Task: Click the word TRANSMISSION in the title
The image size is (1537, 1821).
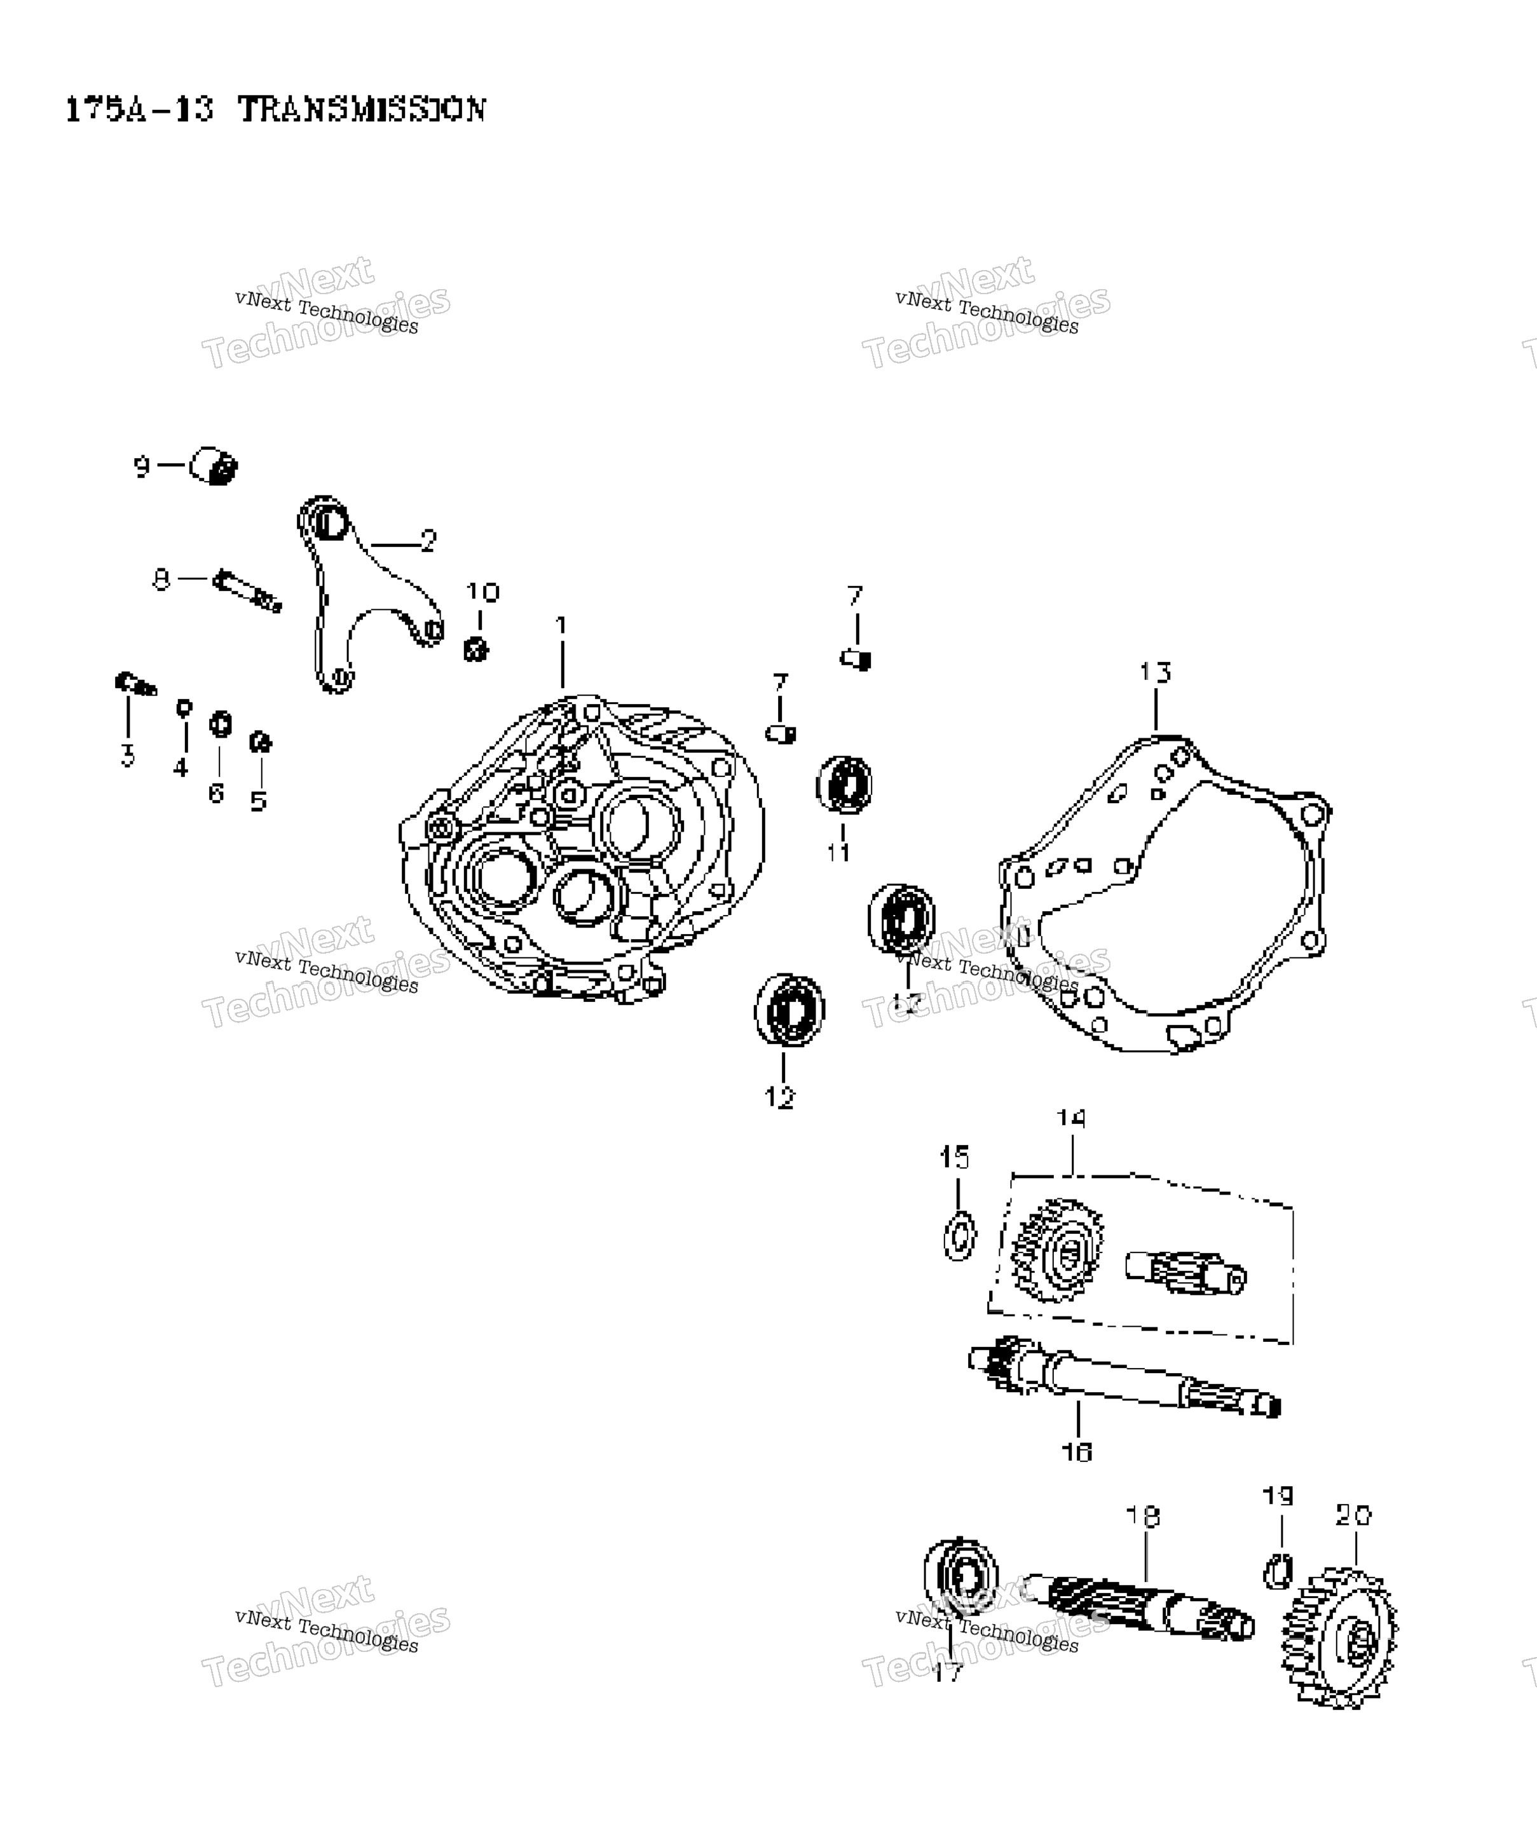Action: click(x=362, y=110)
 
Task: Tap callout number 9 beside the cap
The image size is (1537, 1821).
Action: click(x=141, y=467)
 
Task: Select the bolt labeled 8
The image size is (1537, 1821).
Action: click(x=247, y=590)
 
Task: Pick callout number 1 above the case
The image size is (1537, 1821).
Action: click(x=561, y=625)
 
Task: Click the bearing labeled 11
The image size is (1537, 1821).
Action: click(x=844, y=785)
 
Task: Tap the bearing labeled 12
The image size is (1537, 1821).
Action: click(x=789, y=1010)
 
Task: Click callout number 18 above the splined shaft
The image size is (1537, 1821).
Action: click(x=1143, y=1516)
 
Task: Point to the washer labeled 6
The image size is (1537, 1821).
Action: click(x=221, y=724)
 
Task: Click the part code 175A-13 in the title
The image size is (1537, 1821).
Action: click(x=139, y=110)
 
